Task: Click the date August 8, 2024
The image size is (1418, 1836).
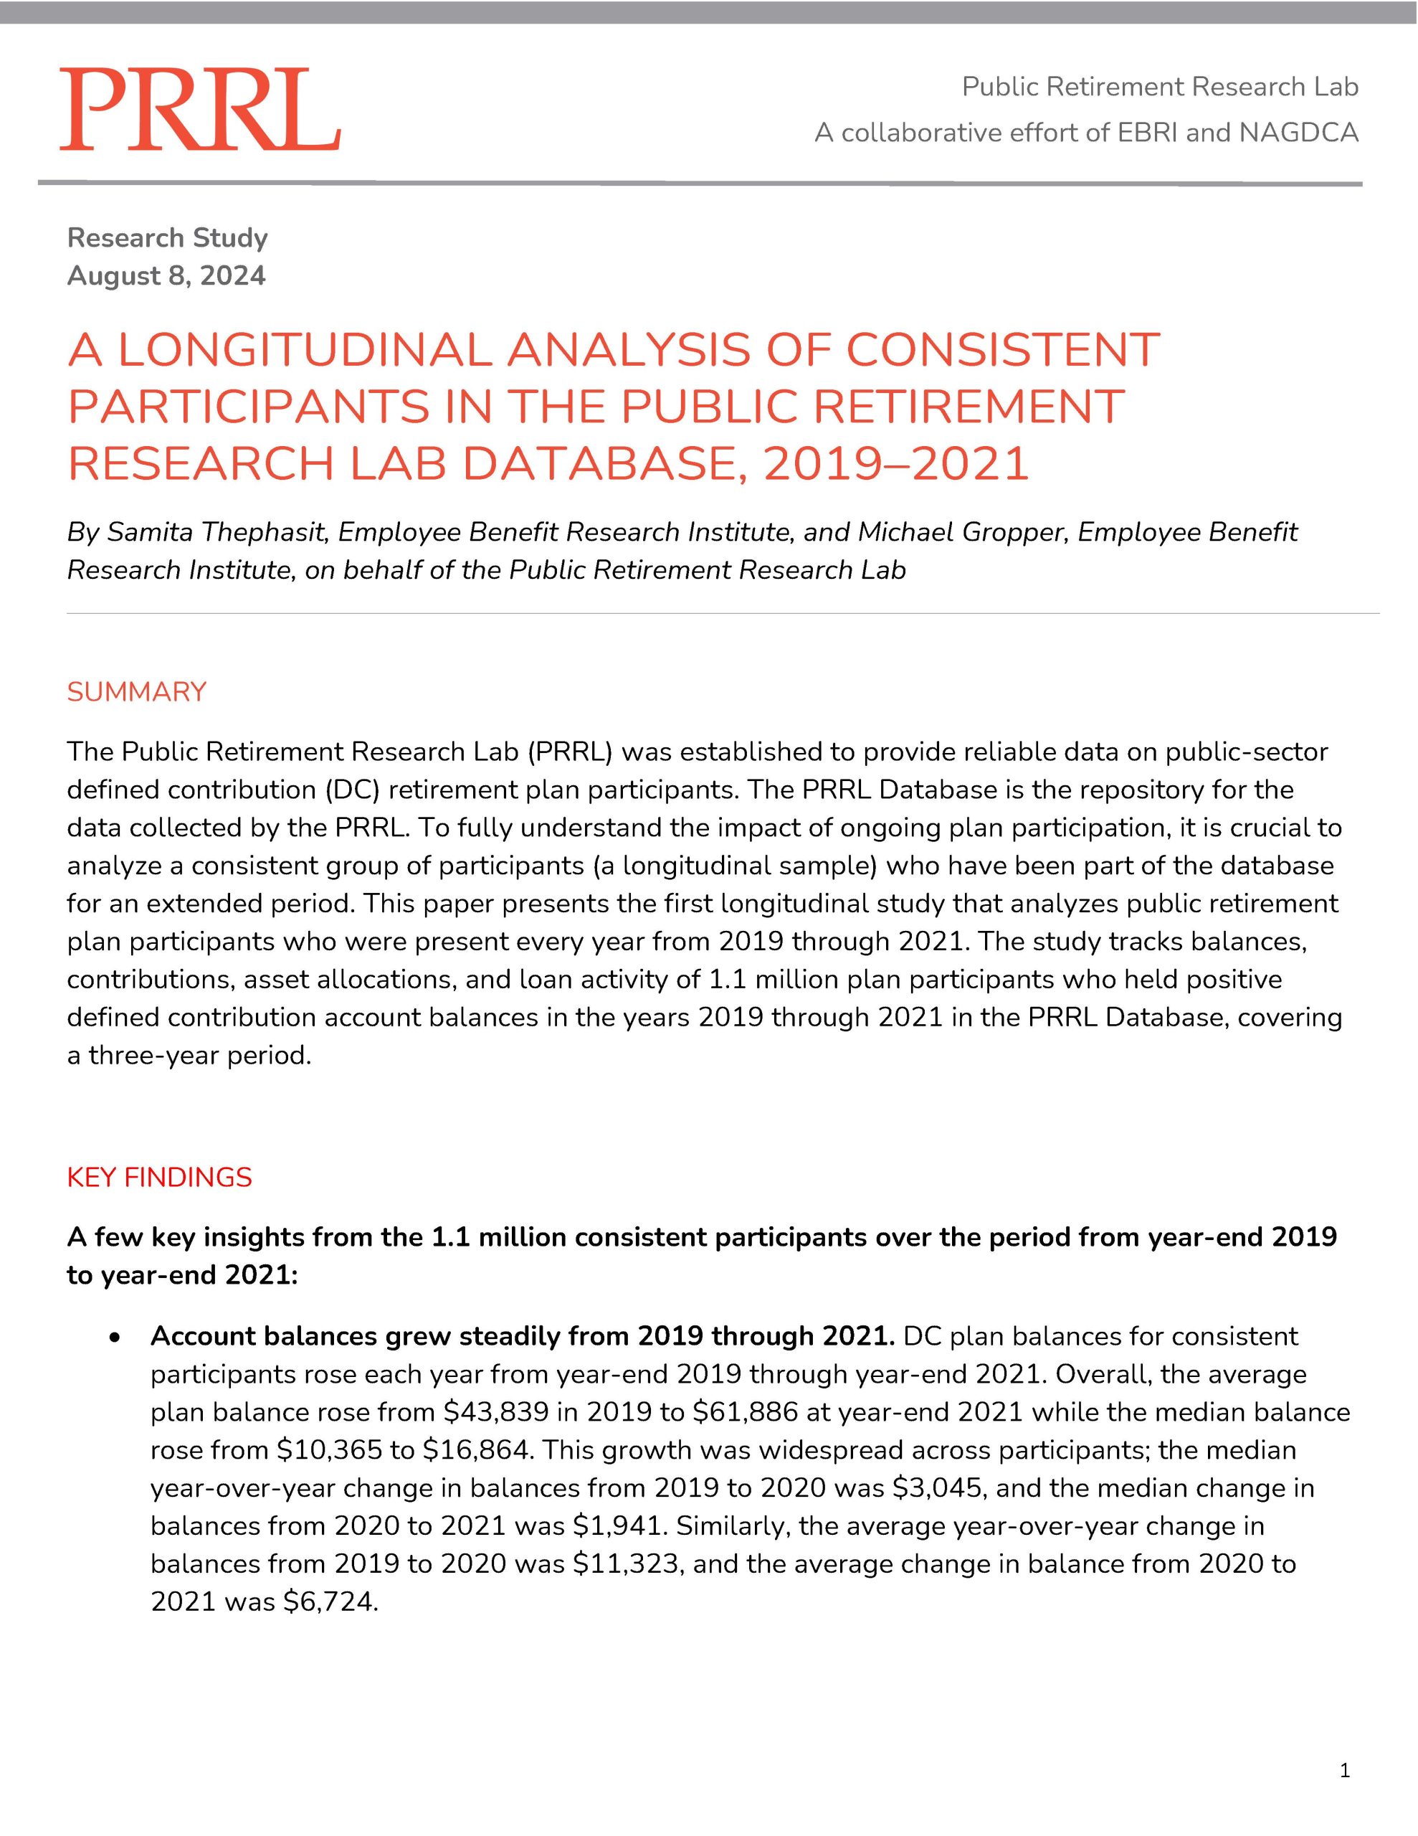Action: (166, 275)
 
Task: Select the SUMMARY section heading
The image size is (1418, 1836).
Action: (136, 692)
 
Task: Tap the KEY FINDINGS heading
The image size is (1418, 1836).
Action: (159, 1177)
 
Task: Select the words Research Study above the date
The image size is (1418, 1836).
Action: (167, 238)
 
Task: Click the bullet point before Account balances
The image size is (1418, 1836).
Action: (116, 1338)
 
